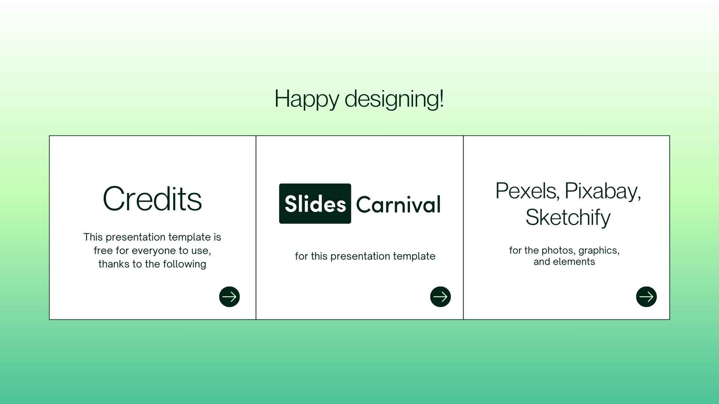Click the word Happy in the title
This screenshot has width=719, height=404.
[306, 100]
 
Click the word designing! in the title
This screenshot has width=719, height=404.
[394, 100]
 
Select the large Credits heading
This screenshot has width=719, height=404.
[152, 199]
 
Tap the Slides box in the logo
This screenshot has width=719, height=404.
[315, 204]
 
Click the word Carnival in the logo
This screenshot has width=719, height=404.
[398, 205]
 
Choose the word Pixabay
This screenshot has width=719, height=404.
[603, 191]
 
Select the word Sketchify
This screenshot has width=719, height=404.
[568, 217]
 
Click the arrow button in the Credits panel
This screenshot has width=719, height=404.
[229, 297]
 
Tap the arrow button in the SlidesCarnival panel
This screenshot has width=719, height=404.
[440, 297]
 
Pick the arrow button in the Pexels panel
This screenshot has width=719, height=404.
[646, 297]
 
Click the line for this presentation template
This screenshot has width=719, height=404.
[365, 256]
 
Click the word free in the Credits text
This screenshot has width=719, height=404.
[103, 251]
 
